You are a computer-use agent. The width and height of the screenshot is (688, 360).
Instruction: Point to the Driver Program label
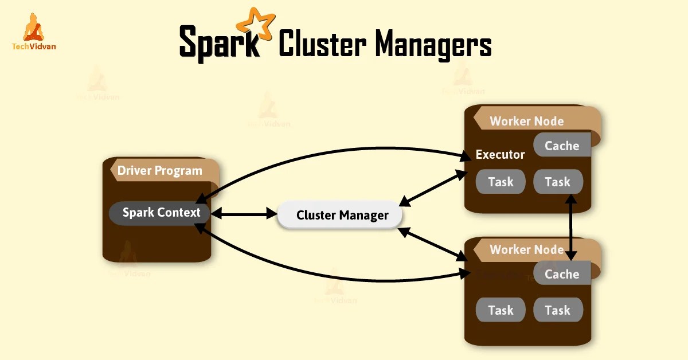click(x=160, y=170)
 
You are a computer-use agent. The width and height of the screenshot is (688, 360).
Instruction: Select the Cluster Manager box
click(x=342, y=216)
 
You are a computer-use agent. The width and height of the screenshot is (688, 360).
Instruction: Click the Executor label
click(x=500, y=155)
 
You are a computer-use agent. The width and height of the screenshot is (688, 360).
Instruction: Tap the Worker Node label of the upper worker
click(x=526, y=122)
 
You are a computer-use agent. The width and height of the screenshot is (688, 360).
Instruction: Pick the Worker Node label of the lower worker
click(x=526, y=250)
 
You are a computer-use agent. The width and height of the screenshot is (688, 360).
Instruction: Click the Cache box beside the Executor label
click(x=562, y=146)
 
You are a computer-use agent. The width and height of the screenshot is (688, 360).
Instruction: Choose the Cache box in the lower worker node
click(x=562, y=275)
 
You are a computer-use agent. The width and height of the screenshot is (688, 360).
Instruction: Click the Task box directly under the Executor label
click(x=501, y=182)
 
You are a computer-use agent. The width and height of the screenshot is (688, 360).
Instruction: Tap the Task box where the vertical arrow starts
click(x=558, y=182)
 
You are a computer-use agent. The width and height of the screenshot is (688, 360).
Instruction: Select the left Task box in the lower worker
click(x=501, y=310)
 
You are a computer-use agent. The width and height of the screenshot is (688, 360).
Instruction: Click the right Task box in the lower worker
click(x=558, y=310)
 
